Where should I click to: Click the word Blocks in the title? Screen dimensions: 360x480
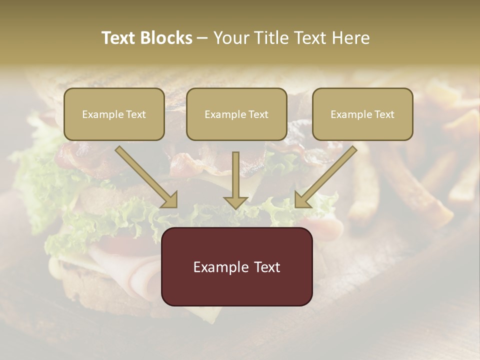click(166, 38)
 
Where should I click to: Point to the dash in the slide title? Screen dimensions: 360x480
click(202, 38)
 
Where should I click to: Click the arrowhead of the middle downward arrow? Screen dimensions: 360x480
click(235, 201)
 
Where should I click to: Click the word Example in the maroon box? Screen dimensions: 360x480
click(216, 267)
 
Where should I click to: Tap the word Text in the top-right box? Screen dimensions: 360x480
click(384, 114)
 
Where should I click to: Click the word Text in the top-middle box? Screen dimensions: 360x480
click(258, 114)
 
